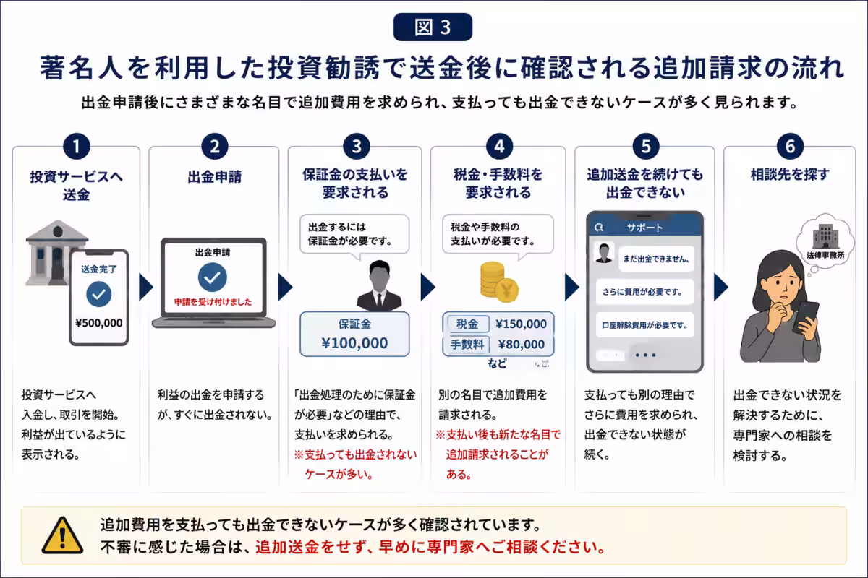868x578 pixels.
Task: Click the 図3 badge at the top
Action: [x=433, y=27]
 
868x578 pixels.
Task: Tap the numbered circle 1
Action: [x=77, y=147]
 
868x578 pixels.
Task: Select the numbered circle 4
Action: [x=499, y=147]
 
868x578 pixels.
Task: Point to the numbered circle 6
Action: [x=790, y=147]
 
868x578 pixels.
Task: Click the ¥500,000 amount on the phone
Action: [x=99, y=323]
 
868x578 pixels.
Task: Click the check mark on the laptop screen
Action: [x=213, y=277]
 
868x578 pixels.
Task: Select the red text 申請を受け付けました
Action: [x=213, y=302]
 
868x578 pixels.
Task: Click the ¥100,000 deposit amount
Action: [x=354, y=343]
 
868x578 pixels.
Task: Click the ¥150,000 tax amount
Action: [x=521, y=324]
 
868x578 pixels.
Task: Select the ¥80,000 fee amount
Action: [x=522, y=344]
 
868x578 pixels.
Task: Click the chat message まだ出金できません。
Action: [x=656, y=259]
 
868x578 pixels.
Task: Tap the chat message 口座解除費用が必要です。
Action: [x=644, y=325]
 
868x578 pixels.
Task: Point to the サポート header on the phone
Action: [x=644, y=228]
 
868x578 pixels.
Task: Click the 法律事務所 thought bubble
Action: [x=825, y=239]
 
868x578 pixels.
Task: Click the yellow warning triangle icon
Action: [x=62, y=536]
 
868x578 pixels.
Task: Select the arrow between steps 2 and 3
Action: [x=285, y=288]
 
